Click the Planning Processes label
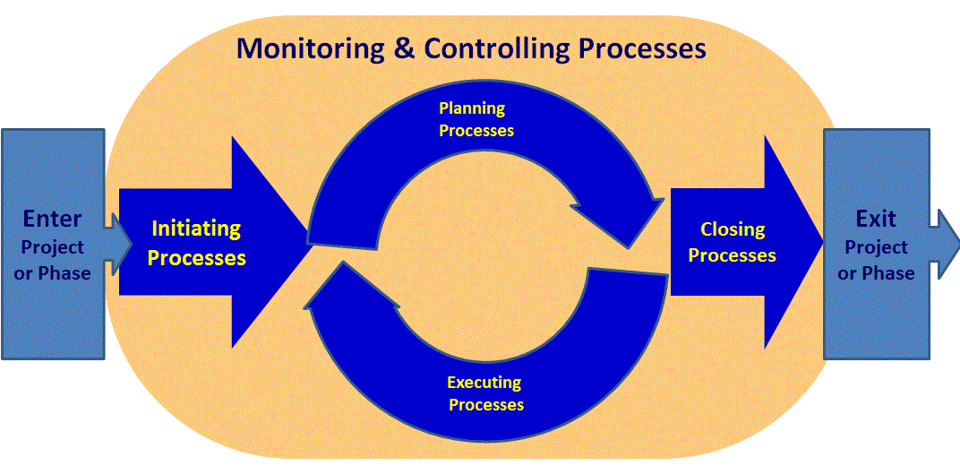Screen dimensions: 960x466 point(476,119)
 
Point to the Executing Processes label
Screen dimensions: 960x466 point(485,393)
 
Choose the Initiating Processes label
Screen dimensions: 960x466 point(196,243)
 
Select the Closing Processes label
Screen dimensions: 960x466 point(733,242)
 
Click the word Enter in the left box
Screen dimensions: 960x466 point(53,219)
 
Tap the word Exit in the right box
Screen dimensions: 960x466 point(876,219)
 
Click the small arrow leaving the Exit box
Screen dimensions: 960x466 point(945,244)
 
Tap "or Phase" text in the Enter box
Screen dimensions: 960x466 point(53,273)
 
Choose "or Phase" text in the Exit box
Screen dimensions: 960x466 point(876,273)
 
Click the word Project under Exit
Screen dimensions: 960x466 point(876,248)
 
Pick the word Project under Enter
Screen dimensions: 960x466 point(53,248)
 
